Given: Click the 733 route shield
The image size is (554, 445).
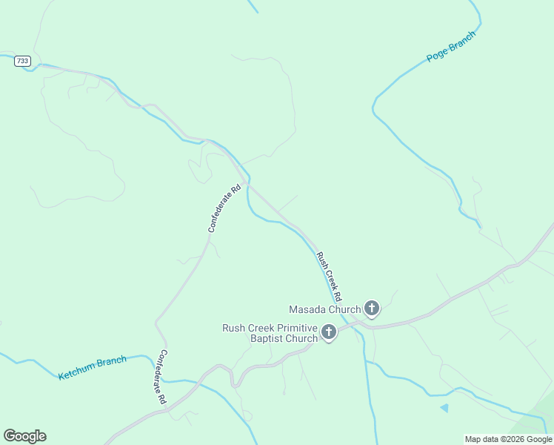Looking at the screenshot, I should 22,61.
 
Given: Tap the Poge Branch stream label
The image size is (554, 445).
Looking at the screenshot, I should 451,47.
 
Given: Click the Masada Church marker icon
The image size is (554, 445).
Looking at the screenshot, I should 372,309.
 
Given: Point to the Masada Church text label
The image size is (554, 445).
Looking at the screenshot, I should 324,309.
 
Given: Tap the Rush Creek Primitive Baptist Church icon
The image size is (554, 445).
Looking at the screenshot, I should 328,333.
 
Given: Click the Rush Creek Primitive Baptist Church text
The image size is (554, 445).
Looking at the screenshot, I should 270,333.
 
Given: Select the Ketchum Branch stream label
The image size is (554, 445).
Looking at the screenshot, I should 93,368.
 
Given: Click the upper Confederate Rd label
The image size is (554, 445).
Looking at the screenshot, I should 224,209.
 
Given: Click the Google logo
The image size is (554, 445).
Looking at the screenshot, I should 24,436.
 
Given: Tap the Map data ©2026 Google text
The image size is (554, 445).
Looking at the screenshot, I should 507,439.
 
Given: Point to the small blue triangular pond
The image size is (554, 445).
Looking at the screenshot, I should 444,407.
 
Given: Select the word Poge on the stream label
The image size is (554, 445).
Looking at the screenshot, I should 437,54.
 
